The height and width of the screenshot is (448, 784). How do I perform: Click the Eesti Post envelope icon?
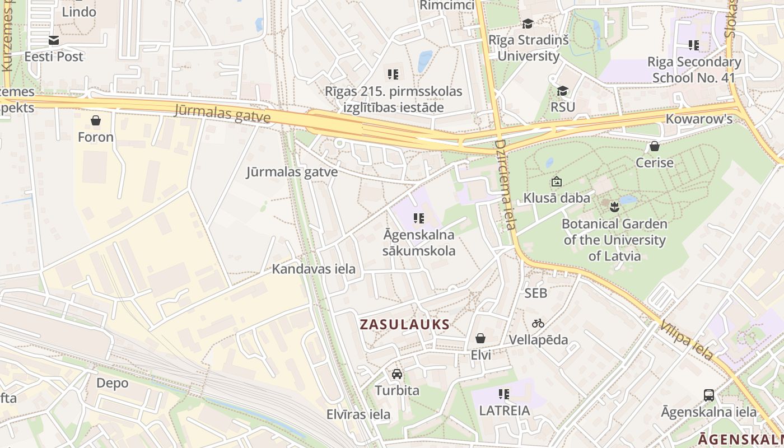[54, 40]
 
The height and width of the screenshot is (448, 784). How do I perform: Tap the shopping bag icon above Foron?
[96, 120]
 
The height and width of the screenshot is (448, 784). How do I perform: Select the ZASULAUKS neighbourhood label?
[405, 324]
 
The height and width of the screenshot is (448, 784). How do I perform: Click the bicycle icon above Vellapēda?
[538, 323]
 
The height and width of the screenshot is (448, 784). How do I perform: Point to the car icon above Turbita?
[396, 374]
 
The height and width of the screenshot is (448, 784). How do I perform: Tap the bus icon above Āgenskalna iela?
[709, 395]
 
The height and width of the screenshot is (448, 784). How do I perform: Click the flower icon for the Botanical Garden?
[614, 207]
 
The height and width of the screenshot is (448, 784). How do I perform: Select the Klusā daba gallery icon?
[556, 181]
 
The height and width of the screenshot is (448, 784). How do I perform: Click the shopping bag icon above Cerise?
[654, 146]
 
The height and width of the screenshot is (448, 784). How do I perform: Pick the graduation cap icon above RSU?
[562, 91]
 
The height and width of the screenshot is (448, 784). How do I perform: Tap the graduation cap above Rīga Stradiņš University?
[528, 24]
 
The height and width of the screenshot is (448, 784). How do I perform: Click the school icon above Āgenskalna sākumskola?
[419, 218]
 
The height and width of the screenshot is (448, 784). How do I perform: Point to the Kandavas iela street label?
[314, 269]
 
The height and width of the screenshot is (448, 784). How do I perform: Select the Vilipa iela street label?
[686, 340]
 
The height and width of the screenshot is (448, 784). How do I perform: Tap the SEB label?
[536, 293]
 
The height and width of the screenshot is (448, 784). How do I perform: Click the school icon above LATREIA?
[504, 394]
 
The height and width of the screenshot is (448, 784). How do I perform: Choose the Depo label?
[112, 383]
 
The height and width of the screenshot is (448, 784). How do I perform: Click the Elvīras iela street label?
[358, 414]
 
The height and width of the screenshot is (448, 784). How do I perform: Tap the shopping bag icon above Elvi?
[480, 338]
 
